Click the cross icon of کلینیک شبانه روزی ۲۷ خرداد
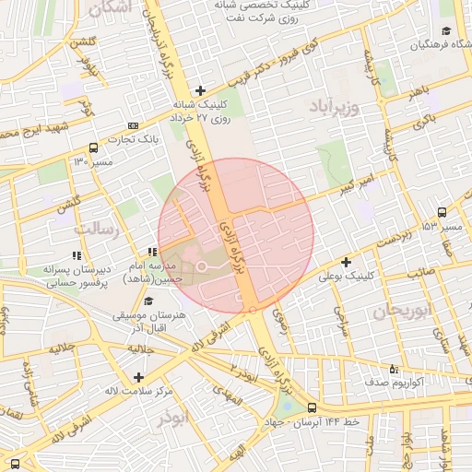pyautogui.click(x=199, y=90)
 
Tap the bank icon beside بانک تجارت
pyautogui.click(x=135, y=124)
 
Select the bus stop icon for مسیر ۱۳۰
pyautogui.click(x=93, y=147)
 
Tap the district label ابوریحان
pyautogui.click(x=404, y=311)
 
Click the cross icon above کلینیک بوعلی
pyautogui.click(x=346, y=262)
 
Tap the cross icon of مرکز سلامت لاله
pyautogui.click(x=138, y=377)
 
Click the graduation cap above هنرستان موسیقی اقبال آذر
pyautogui.click(x=148, y=301)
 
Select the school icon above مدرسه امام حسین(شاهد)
pyautogui.click(x=152, y=252)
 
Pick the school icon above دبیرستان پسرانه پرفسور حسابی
pyautogui.click(x=75, y=255)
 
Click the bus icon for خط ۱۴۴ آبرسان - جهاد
pyautogui.click(x=312, y=407)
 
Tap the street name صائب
pyautogui.click(x=422, y=272)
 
